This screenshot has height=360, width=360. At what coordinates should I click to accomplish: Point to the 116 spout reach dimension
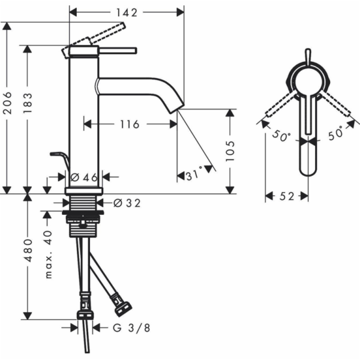click(128, 124)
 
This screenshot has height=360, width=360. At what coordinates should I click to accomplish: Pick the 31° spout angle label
click(193, 176)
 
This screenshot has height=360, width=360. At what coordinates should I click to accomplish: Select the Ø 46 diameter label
click(83, 177)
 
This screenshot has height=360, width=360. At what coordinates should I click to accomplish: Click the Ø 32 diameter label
click(126, 203)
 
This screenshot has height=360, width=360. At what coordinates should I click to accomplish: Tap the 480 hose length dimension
click(28, 258)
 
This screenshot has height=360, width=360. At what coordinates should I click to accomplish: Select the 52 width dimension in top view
click(286, 196)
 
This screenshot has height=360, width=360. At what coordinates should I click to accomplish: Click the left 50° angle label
click(280, 136)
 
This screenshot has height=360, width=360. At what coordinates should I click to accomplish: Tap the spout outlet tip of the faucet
click(176, 107)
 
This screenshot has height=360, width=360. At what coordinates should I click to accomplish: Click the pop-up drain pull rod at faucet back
click(59, 157)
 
